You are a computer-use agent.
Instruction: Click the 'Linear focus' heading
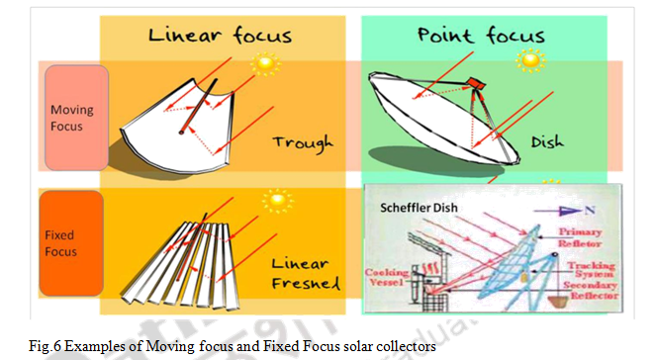click(221, 36)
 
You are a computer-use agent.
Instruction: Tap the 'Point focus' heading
click(481, 36)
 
